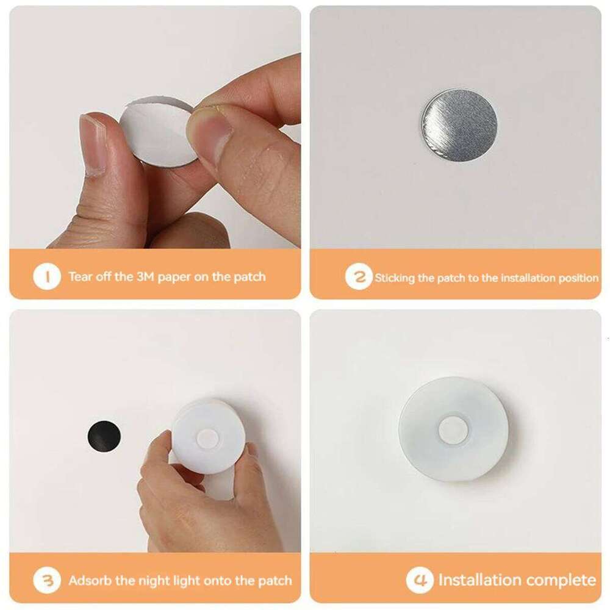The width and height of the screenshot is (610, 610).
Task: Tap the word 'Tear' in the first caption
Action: tap(81, 277)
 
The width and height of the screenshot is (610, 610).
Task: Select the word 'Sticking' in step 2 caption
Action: tap(395, 278)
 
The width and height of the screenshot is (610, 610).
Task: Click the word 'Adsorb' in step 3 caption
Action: tap(89, 580)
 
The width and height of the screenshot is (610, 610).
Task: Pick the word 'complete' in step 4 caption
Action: tap(558, 579)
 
